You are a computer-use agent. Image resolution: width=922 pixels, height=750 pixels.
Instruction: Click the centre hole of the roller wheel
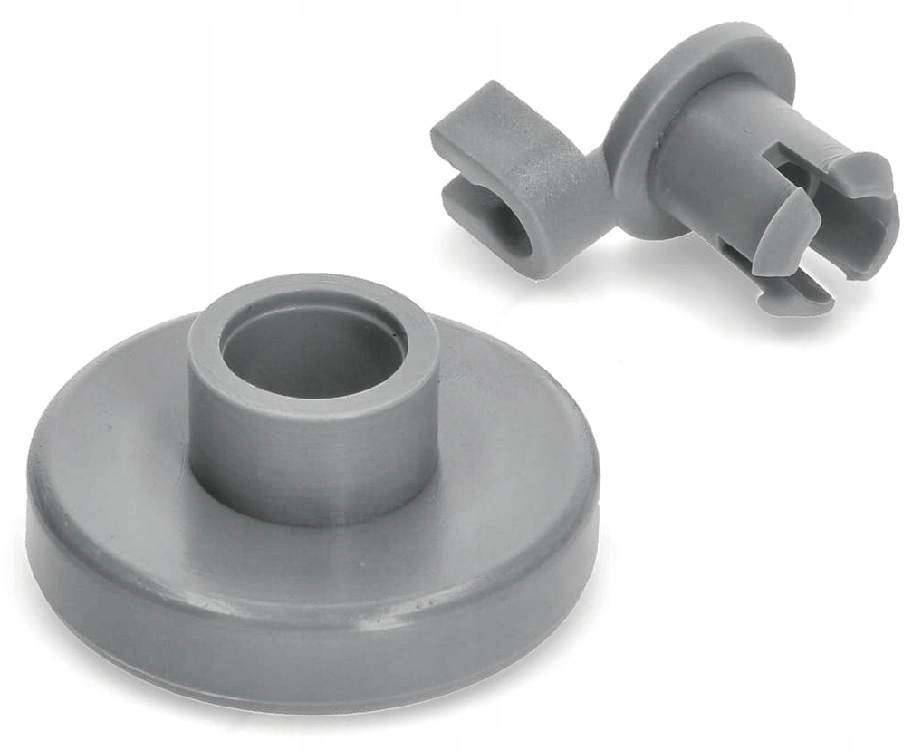(x=312, y=358)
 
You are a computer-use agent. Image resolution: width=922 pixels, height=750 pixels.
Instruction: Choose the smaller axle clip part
(x=670, y=172)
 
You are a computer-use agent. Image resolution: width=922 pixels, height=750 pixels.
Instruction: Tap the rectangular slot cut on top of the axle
(x=788, y=159)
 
